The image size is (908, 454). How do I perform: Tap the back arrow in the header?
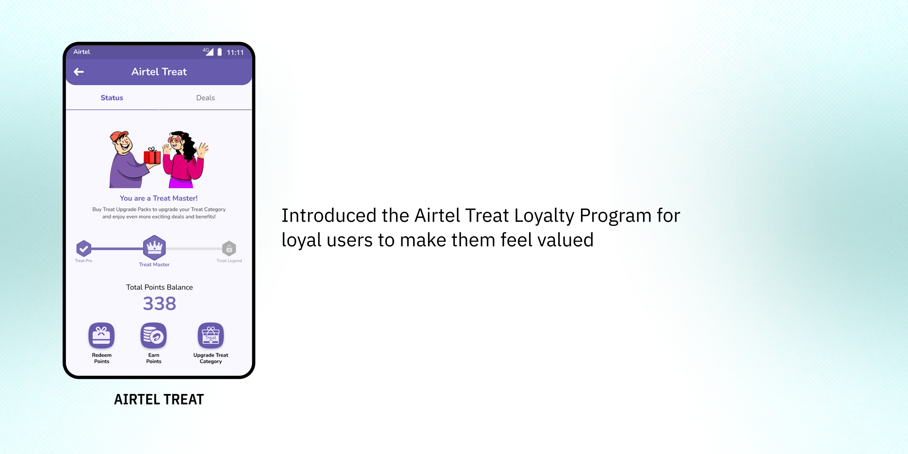coord(79,72)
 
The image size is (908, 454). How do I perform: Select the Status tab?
coord(112,98)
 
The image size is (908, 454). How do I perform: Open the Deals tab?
coord(205,98)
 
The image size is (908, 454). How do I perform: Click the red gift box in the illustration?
coord(152,156)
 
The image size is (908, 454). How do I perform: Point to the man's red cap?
coord(118,136)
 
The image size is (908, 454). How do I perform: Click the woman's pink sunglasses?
coord(175,140)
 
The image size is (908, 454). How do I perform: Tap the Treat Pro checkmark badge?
coord(84,248)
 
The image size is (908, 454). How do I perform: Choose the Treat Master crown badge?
coord(154,247)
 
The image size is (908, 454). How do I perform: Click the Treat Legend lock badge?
coord(229,248)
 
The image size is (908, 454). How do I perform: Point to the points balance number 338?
coord(160,304)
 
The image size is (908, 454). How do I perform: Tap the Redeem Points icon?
coord(101,336)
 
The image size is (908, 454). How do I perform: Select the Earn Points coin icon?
coord(154,336)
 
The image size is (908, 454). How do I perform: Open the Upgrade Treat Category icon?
coord(211,336)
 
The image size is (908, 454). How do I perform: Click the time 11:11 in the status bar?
coord(235,52)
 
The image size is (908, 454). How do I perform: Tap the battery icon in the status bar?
coord(220,52)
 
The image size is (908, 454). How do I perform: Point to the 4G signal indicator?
coord(208,51)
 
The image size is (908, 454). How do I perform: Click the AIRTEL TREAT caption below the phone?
coord(159,399)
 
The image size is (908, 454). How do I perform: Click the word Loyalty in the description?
coord(544,216)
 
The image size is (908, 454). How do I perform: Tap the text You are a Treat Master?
coord(159,198)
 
